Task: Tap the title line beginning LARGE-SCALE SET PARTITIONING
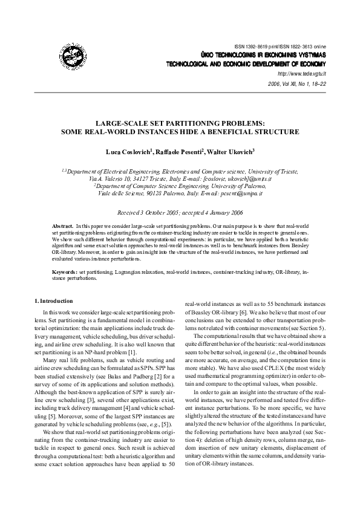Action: point(180,122)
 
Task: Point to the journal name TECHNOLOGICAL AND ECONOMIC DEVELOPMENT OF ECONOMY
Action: point(246,63)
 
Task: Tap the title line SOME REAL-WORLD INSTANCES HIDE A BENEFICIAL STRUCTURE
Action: point(180,131)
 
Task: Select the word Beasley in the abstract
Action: point(313,247)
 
